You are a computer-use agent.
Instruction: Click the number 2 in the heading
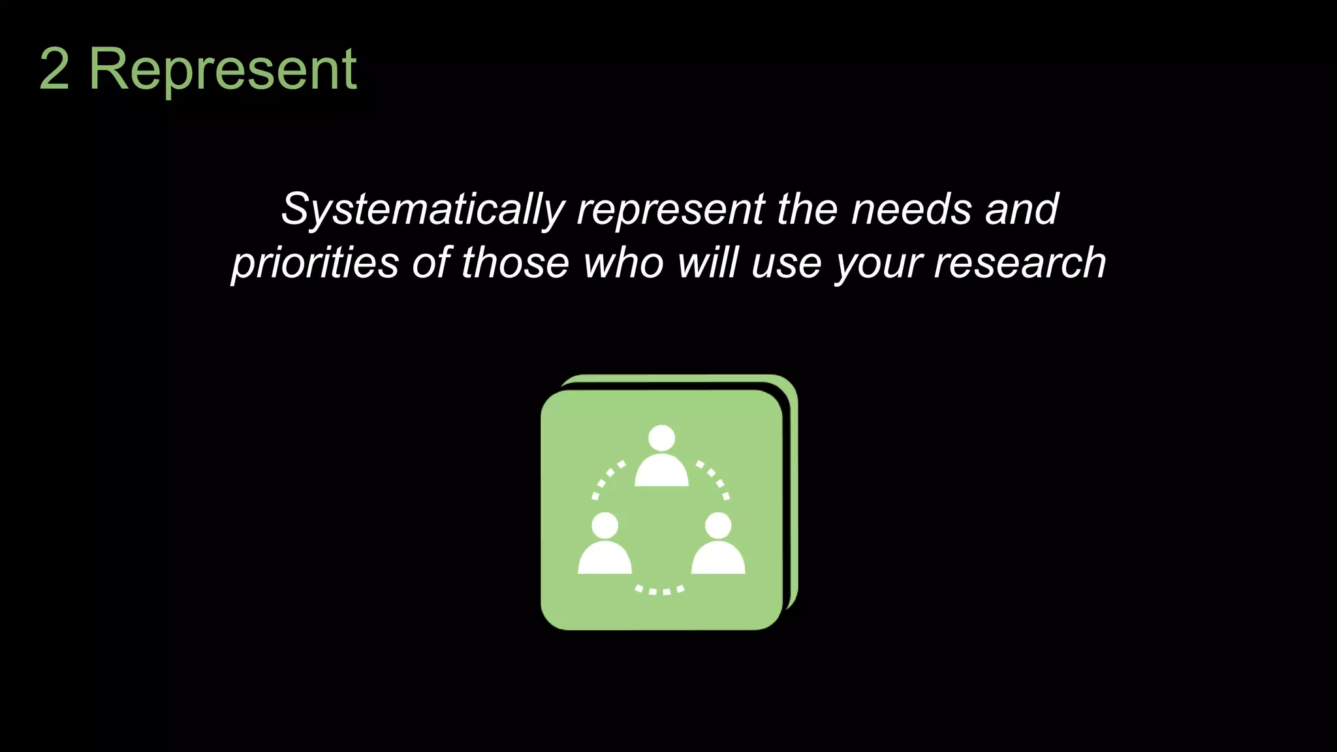click(x=55, y=69)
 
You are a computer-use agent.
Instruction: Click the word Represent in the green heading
click(x=223, y=69)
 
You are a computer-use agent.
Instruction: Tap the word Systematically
click(x=422, y=210)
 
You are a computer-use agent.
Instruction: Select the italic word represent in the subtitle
click(x=670, y=210)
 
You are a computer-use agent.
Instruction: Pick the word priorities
click(x=315, y=263)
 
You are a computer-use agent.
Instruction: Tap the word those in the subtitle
click(x=516, y=263)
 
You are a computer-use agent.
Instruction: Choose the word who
click(x=623, y=263)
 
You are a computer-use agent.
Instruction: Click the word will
click(x=708, y=263)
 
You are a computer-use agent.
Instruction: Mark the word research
click(x=1020, y=263)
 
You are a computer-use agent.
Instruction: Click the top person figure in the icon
click(x=661, y=457)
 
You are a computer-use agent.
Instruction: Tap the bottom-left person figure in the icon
click(x=605, y=544)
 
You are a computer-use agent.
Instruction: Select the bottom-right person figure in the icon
click(x=718, y=544)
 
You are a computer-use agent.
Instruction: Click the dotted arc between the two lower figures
click(x=660, y=591)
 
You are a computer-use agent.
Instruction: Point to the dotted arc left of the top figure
click(x=605, y=478)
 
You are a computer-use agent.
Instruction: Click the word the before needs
click(x=807, y=210)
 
